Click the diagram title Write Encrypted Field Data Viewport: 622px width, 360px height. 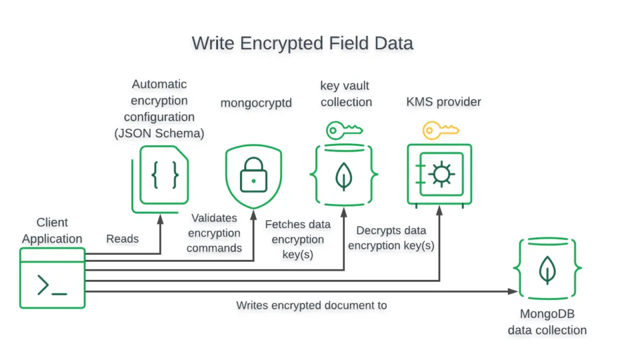pyautogui.click(x=302, y=44)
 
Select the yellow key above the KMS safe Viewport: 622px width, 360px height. pyautogui.click(x=440, y=129)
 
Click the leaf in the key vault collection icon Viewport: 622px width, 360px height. pyautogui.click(x=344, y=175)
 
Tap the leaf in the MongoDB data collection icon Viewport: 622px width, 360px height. pyautogui.click(x=547, y=270)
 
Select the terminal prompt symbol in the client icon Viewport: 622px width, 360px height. pyautogui.click(x=52, y=285)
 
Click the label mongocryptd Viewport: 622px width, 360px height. pyautogui.click(x=256, y=103)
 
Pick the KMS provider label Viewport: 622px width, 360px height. pyautogui.click(x=443, y=102)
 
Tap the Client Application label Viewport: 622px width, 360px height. pyautogui.click(x=52, y=231)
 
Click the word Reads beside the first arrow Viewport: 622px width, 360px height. pyautogui.click(x=123, y=239)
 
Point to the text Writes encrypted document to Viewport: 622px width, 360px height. pyautogui.click(x=311, y=305)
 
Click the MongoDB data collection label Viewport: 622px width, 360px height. pyautogui.click(x=547, y=322)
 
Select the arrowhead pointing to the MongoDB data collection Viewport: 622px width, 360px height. pyautogui.click(x=513, y=291)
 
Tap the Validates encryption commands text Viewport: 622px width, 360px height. pyautogui.click(x=214, y=233)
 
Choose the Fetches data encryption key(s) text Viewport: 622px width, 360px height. pyautogui.click(x=298, y=239)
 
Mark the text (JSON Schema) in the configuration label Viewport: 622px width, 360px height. pyautogui.click(x=159, y=133)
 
